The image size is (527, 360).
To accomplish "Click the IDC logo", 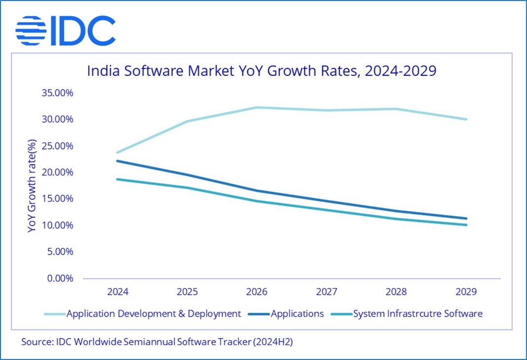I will tap(65, 31).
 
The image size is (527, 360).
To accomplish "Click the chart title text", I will tap(262, 71).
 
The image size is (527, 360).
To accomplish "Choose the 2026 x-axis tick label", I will tap(257, 291).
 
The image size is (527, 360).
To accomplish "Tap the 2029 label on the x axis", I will tap(466, 291).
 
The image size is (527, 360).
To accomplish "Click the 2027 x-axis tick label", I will tap(327, 291).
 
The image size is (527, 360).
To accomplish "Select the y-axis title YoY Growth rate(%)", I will tap(33, 186).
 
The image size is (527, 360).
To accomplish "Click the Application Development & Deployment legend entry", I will tap(153, 314).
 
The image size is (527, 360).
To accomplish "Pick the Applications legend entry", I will tap(297, 314).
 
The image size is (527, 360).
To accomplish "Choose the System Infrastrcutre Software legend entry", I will tap(417, 314).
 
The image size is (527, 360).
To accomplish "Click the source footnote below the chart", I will tap(157, 342).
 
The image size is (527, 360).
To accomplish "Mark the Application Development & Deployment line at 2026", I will tap(257, 108).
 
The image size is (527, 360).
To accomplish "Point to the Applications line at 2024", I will tap(117, 161).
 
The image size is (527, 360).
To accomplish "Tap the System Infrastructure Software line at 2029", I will tap(466, 225).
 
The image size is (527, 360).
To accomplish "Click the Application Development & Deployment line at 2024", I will tap(117, 152).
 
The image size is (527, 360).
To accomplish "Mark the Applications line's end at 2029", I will tap(466, 218).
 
